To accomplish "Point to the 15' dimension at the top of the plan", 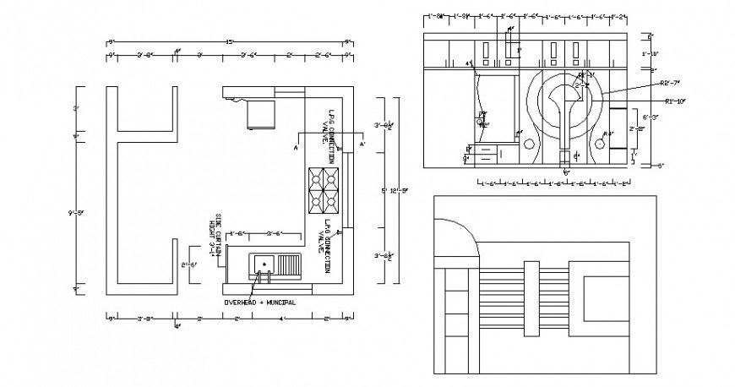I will tap(229, 42).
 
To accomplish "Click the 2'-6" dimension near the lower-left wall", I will tap(189, 265).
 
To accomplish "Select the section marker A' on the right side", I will tap(362, 144).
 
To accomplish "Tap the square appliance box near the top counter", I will tap(261, 114).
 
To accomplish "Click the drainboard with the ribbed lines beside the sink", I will tap(290, 266).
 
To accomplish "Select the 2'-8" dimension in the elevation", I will tap(637, 129).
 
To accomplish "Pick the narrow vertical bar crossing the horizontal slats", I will tap(530, 298).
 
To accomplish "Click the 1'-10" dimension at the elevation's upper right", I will tap(650, 53).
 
